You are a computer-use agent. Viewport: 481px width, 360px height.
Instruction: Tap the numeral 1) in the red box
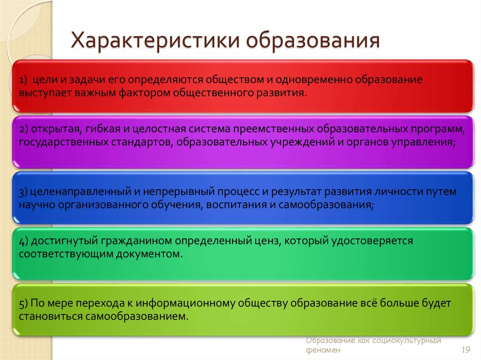click(24, 80)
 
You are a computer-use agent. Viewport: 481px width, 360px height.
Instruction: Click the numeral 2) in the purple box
click(24, 129)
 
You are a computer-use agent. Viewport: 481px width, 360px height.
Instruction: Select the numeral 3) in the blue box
click(24, 192)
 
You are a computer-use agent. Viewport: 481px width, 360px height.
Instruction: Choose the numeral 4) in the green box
click(24, 241)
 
